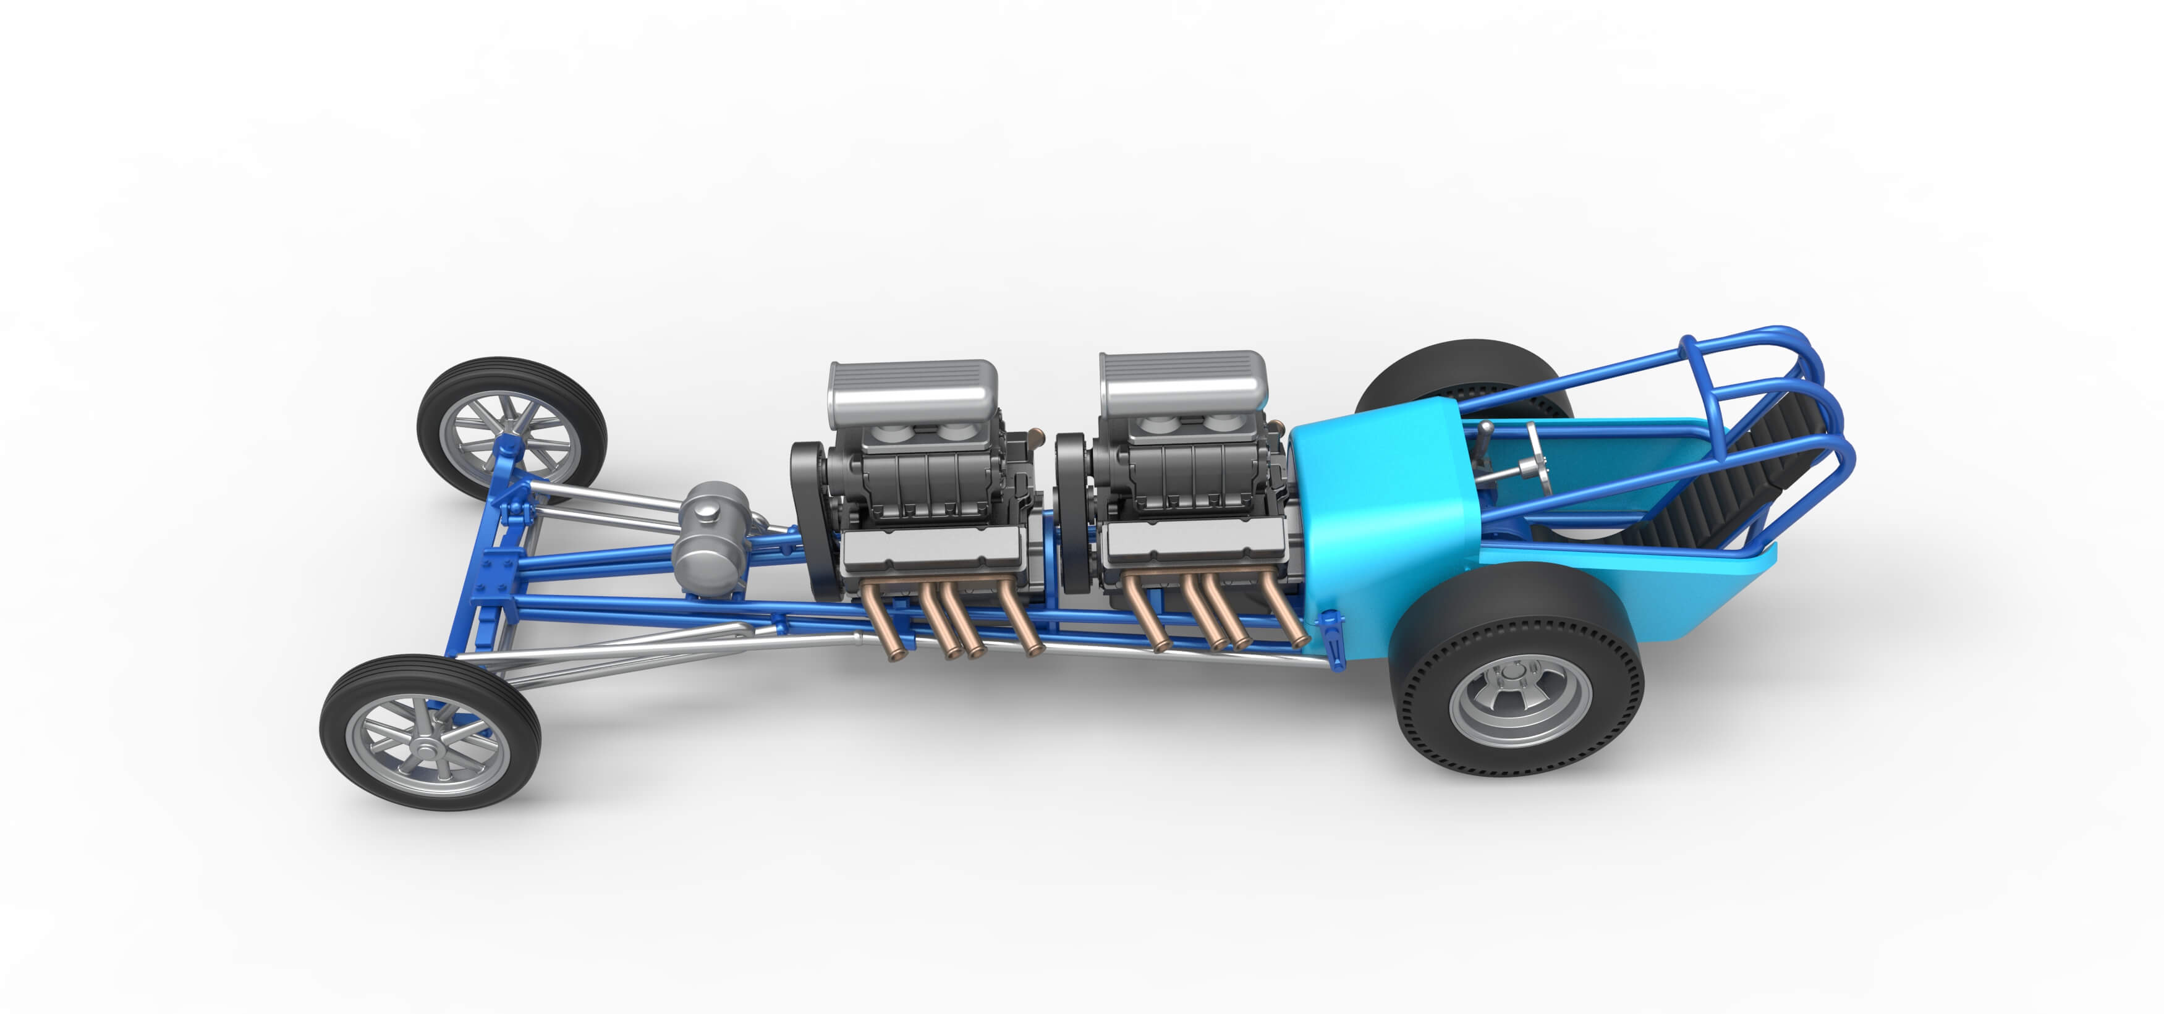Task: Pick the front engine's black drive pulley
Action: [811, 521]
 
